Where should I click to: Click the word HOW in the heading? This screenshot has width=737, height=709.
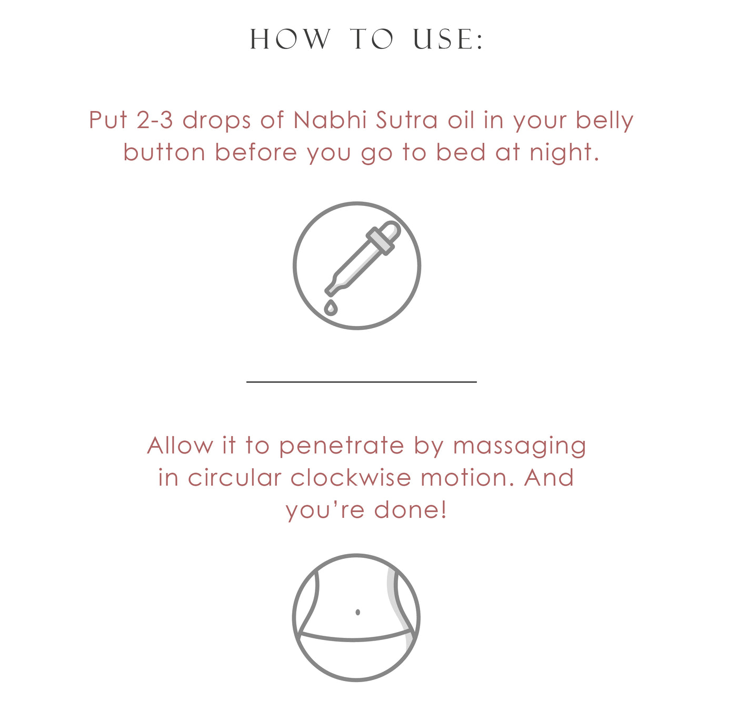pyautogui.click(x=290, y=40)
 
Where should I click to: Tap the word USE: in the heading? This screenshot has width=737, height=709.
pyautogui.click(x=448, y=40)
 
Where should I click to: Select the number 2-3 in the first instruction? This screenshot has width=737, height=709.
pyautogui.click(x=155, y=120)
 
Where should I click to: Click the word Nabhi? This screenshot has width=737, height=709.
pyautogui.click(x=330, y=120)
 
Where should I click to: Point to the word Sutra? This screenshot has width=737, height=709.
pyautogui.click(x=406, y=120)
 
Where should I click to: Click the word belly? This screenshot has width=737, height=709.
pyautogui.click(x=604, y=121)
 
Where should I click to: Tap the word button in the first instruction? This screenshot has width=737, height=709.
pyautogui.click(x=164, y=153)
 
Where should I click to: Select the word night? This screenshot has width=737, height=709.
pyautogui.click(x=564, y=153)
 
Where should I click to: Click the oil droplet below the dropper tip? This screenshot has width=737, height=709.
pyautogui.click(x=331, y=308)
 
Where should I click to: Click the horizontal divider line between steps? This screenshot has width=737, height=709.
pyautogui.click(x=361, y=381)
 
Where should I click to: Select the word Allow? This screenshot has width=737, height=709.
pyautogui.click(x=180, y=446)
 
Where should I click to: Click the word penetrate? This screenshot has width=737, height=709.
pyautogui.click(x=341, y=447)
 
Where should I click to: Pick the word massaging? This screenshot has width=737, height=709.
pyautogui.click(x=520, y=447)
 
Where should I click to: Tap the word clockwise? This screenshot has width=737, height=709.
pyautogui.click(x=351, y=478)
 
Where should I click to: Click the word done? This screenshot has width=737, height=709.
pyautogui.click(x=411, y=510)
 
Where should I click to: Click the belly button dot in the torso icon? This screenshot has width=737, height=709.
pyautogui.click(x=358, y=612)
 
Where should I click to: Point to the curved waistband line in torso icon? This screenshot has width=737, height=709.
pyautogui.click(x=356, y=639)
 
